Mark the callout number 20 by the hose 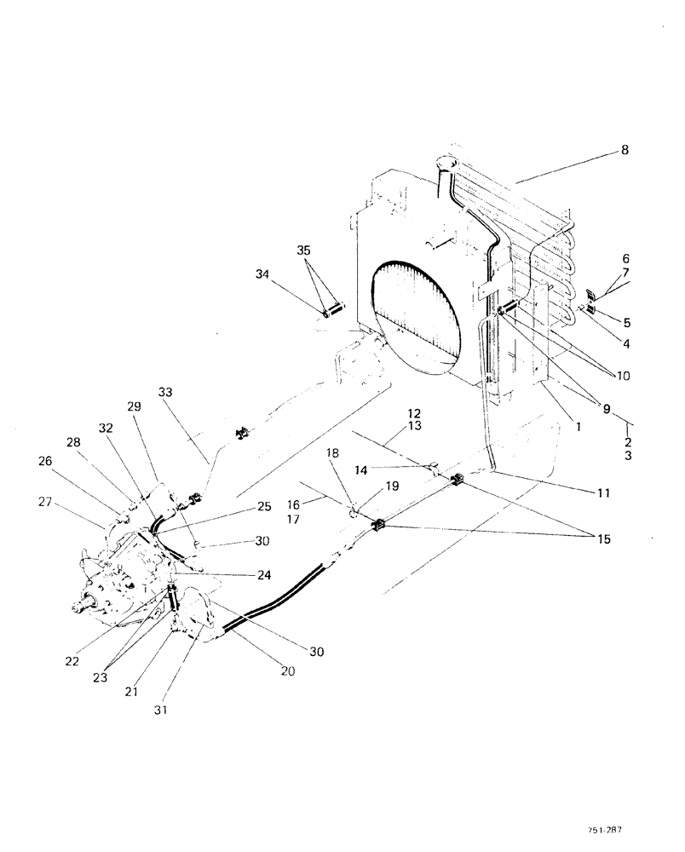287,671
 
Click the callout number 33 165,392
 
